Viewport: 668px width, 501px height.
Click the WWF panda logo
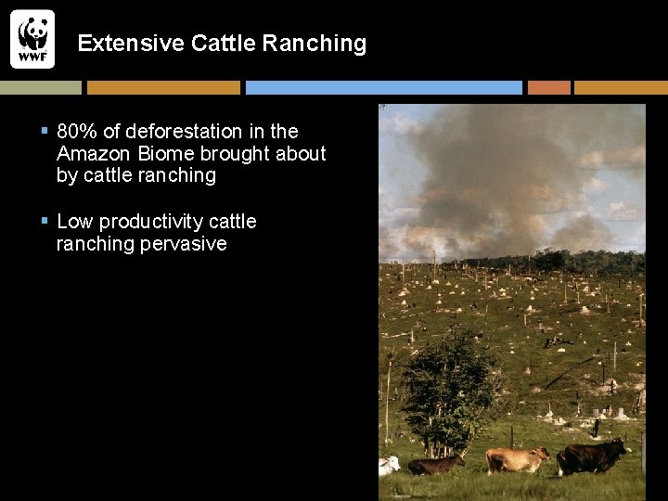coord(32,39)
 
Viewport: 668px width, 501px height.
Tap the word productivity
coord(151,222)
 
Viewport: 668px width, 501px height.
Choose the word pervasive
coord(183,244)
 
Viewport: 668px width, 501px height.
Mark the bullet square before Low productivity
coord(45,222)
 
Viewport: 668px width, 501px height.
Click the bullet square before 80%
coord(45,132)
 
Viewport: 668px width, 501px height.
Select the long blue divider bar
coord(383,87)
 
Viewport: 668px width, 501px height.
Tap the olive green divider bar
coord(41,87)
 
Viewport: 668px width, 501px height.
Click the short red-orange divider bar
coord(548,87)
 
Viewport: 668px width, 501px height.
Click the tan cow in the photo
coord(516,458)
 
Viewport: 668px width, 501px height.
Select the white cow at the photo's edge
coord(389,464)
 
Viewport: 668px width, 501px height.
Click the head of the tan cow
coord(543,455)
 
